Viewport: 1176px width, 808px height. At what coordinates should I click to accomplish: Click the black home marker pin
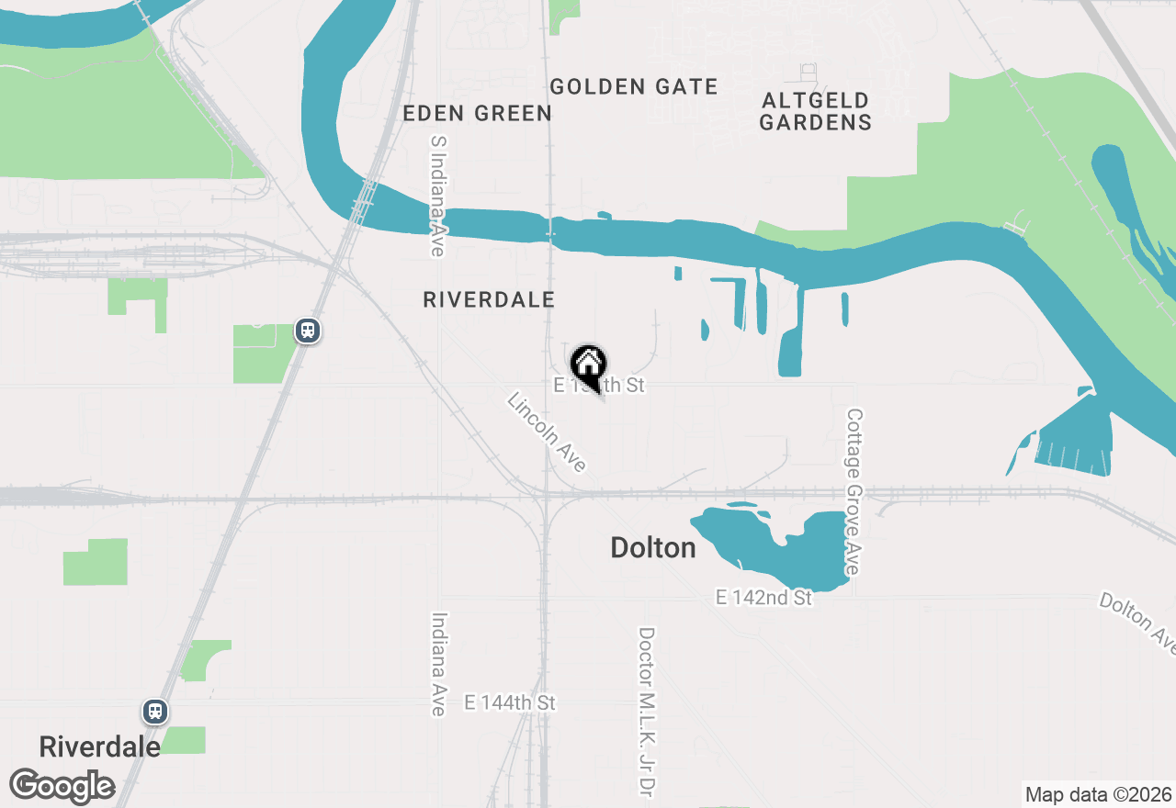click(x=588, y=365)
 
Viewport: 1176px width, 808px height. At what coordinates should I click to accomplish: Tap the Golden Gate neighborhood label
click(x=634, y=87)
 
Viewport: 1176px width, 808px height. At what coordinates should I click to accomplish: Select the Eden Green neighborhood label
click(x=477, y=113)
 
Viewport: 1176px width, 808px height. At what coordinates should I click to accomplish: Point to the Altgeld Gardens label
click(x=815, y=111)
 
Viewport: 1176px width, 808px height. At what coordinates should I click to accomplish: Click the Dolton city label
click(x=653, y=548)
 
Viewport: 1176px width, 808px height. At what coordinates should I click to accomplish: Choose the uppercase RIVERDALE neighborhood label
click(x=489, y=299)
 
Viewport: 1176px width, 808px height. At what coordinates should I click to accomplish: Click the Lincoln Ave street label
click(x=547, y=432)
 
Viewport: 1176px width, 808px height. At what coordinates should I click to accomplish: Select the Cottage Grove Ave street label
click(x=854, y=492)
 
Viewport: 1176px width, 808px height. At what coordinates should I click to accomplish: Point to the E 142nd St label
click(x=763, y=598)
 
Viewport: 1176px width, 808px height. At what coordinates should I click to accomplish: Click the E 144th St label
click(x=511, y=702)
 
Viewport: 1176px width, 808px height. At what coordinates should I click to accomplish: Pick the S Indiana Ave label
click(x=437, y=196)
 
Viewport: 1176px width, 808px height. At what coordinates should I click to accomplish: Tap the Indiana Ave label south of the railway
click(x=438, y=664)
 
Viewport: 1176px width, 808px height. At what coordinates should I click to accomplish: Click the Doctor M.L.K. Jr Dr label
click(x=647, y=712)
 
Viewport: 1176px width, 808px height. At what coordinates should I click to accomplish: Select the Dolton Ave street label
click(x=1137, y=622)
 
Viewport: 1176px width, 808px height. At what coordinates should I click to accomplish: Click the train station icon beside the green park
click(x=307, y=331)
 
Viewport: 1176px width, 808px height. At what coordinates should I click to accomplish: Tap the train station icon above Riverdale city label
click(x=154, y=711)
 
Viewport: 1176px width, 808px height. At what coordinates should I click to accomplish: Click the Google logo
click(x=62, y=787)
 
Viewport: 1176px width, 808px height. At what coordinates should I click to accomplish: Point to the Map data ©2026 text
click(x=1098, y=794)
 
